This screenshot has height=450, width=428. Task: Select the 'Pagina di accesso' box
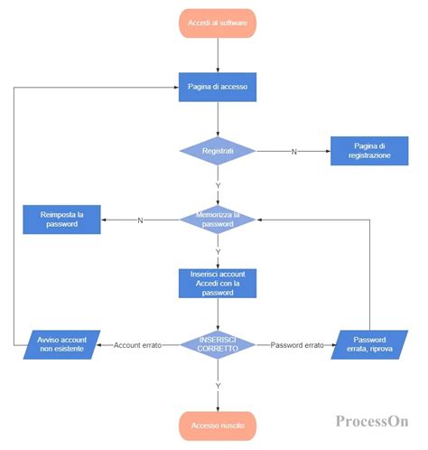(218, 87)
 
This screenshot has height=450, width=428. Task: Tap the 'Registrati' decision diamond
(218, 151)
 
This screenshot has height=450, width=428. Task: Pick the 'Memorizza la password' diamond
(218, 219)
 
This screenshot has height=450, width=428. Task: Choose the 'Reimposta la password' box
(61, 219)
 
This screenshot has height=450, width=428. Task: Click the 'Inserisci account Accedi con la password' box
(218, 282)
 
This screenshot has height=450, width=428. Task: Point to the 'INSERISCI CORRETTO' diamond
(218, 344)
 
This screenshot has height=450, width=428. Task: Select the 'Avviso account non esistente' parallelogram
(62, 344)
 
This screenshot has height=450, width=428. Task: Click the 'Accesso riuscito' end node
(218, 424)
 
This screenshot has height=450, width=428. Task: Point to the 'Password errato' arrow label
(296, 345)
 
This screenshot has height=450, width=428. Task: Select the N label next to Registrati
(293, 152)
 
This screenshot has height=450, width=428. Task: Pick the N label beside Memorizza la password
(139, 220)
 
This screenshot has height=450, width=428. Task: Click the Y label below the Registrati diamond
(218, 185)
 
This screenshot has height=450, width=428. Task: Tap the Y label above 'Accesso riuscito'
(218, 385)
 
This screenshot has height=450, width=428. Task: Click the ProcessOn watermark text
(372, 421)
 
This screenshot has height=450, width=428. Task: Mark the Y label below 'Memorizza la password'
(218, 251)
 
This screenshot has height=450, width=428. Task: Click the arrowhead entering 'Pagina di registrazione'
(326, 151)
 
